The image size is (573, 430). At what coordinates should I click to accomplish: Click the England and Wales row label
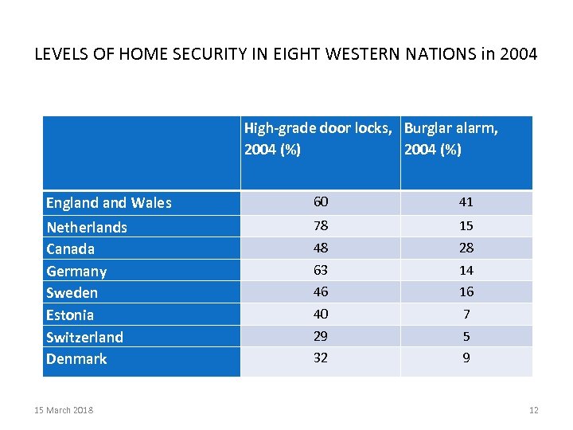point(108,203)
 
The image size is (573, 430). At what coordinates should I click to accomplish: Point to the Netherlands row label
point(87,228)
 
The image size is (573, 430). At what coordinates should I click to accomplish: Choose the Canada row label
point(70,249)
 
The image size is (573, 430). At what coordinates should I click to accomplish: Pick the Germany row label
point(76,272)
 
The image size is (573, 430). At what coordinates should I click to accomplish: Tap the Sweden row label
point(72,293)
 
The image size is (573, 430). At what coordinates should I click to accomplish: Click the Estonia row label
point(70,315)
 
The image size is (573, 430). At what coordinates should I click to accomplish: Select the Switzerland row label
point(84,337)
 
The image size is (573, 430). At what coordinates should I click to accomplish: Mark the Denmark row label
point(76,359)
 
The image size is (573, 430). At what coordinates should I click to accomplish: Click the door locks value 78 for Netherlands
point(320,226)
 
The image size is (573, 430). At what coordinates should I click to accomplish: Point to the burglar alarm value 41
point(466,202)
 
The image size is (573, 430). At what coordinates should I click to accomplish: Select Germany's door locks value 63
point(320,270)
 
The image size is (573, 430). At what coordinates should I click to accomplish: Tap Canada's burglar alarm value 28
point(466,248)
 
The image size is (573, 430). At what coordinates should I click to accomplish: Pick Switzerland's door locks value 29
point(320,336)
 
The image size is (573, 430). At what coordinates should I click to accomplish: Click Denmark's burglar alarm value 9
point(466,358)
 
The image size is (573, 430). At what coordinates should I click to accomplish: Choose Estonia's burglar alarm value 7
point(466,314)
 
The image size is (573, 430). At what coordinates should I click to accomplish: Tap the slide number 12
point(533,410)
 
